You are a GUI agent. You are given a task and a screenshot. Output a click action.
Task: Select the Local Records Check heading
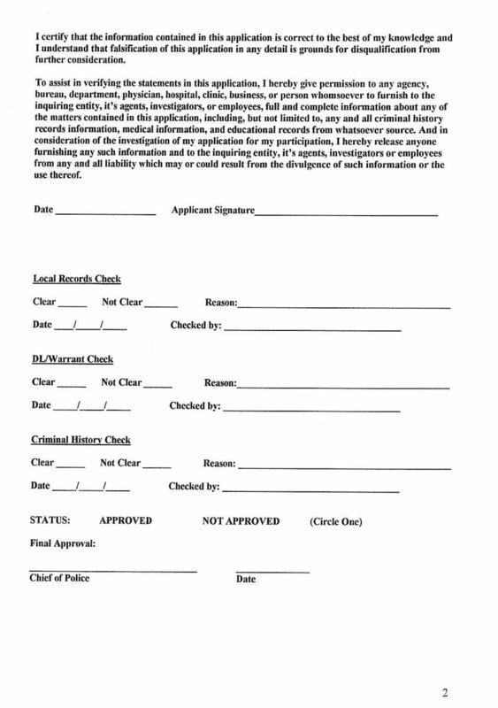tap(77, 279)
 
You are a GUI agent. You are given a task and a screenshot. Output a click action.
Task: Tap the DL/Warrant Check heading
tap(72, 359)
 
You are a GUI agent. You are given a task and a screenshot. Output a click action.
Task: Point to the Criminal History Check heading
tap(80, 440)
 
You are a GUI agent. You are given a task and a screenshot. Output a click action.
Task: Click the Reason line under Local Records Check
tap(344, 304)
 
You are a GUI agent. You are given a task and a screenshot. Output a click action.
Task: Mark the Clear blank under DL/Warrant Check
tap(72, 385)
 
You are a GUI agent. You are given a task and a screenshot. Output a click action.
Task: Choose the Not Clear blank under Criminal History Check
tap(157, 466)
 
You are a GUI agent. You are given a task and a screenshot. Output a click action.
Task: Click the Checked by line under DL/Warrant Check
tap(310, 410)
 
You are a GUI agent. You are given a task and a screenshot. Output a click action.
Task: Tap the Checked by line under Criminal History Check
tap(310, 490)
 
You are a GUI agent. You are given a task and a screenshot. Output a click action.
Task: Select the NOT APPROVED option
tap(241, 521)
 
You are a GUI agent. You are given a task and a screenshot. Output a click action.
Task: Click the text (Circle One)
tap(336, 521)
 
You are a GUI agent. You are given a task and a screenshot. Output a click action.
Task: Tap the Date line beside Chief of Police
tap(272, 572)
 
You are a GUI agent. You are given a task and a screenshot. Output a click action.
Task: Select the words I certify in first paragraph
tap(50, 14)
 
